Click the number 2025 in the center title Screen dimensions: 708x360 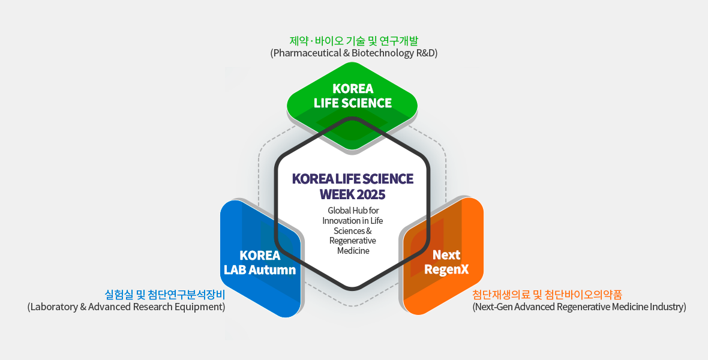[371, 194]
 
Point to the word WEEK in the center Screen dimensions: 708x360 [337, 194]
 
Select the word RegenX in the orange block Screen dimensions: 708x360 [446, 269]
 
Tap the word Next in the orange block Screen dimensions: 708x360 [446, 255]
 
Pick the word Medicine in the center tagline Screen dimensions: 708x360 [353, 251]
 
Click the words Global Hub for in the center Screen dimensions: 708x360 [353, 211]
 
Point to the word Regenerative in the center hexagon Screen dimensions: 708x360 [353, 241]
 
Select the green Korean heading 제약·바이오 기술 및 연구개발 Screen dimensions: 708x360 [354, 41]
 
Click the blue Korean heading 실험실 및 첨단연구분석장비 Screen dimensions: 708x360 [165, 295]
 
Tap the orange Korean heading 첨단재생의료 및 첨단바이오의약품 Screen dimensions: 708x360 [547, 295]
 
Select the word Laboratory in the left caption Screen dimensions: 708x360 [54, 307]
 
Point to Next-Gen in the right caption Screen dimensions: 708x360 [494, 307]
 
